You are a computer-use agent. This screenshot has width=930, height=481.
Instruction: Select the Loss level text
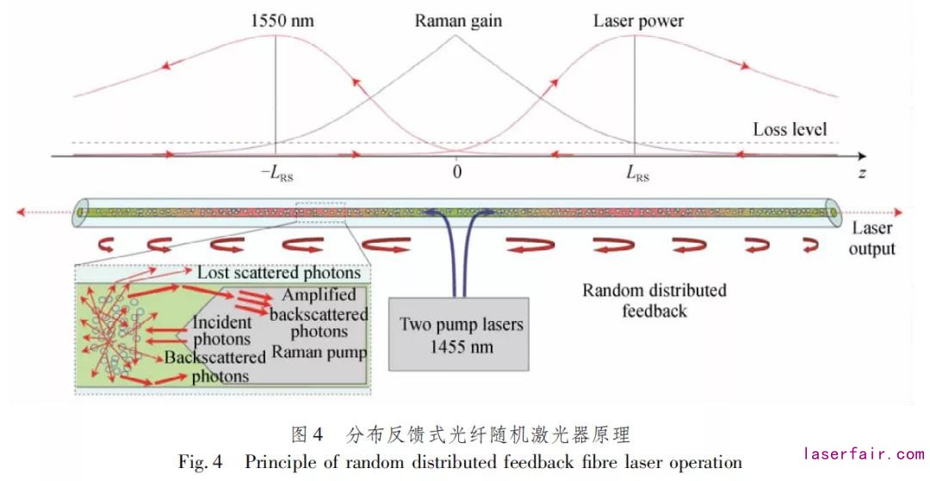tap(790, 130)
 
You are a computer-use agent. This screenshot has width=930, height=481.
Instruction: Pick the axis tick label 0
tap(456, 172)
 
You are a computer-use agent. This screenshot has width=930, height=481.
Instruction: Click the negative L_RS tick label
tap(275, 173)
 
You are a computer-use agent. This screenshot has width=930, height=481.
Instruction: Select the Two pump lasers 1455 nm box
tap(461, 334)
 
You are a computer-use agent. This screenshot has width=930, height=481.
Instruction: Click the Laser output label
tap(872, 238)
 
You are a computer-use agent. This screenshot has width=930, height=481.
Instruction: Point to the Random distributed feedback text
tap(654, 299)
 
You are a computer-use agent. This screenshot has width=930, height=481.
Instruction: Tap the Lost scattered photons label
tap(278, 273)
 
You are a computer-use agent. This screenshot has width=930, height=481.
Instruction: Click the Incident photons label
tap(222, 331)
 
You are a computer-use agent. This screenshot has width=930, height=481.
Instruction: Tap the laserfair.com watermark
tap(863, 453)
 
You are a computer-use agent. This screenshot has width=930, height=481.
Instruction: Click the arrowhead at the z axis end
tap(862, 156)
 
